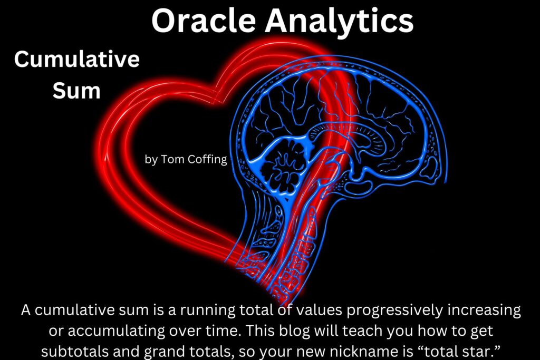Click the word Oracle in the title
pos(204,21)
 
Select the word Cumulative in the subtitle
pos(77,59)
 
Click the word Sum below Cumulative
pos(76,91)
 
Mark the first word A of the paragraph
pos(26,310)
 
